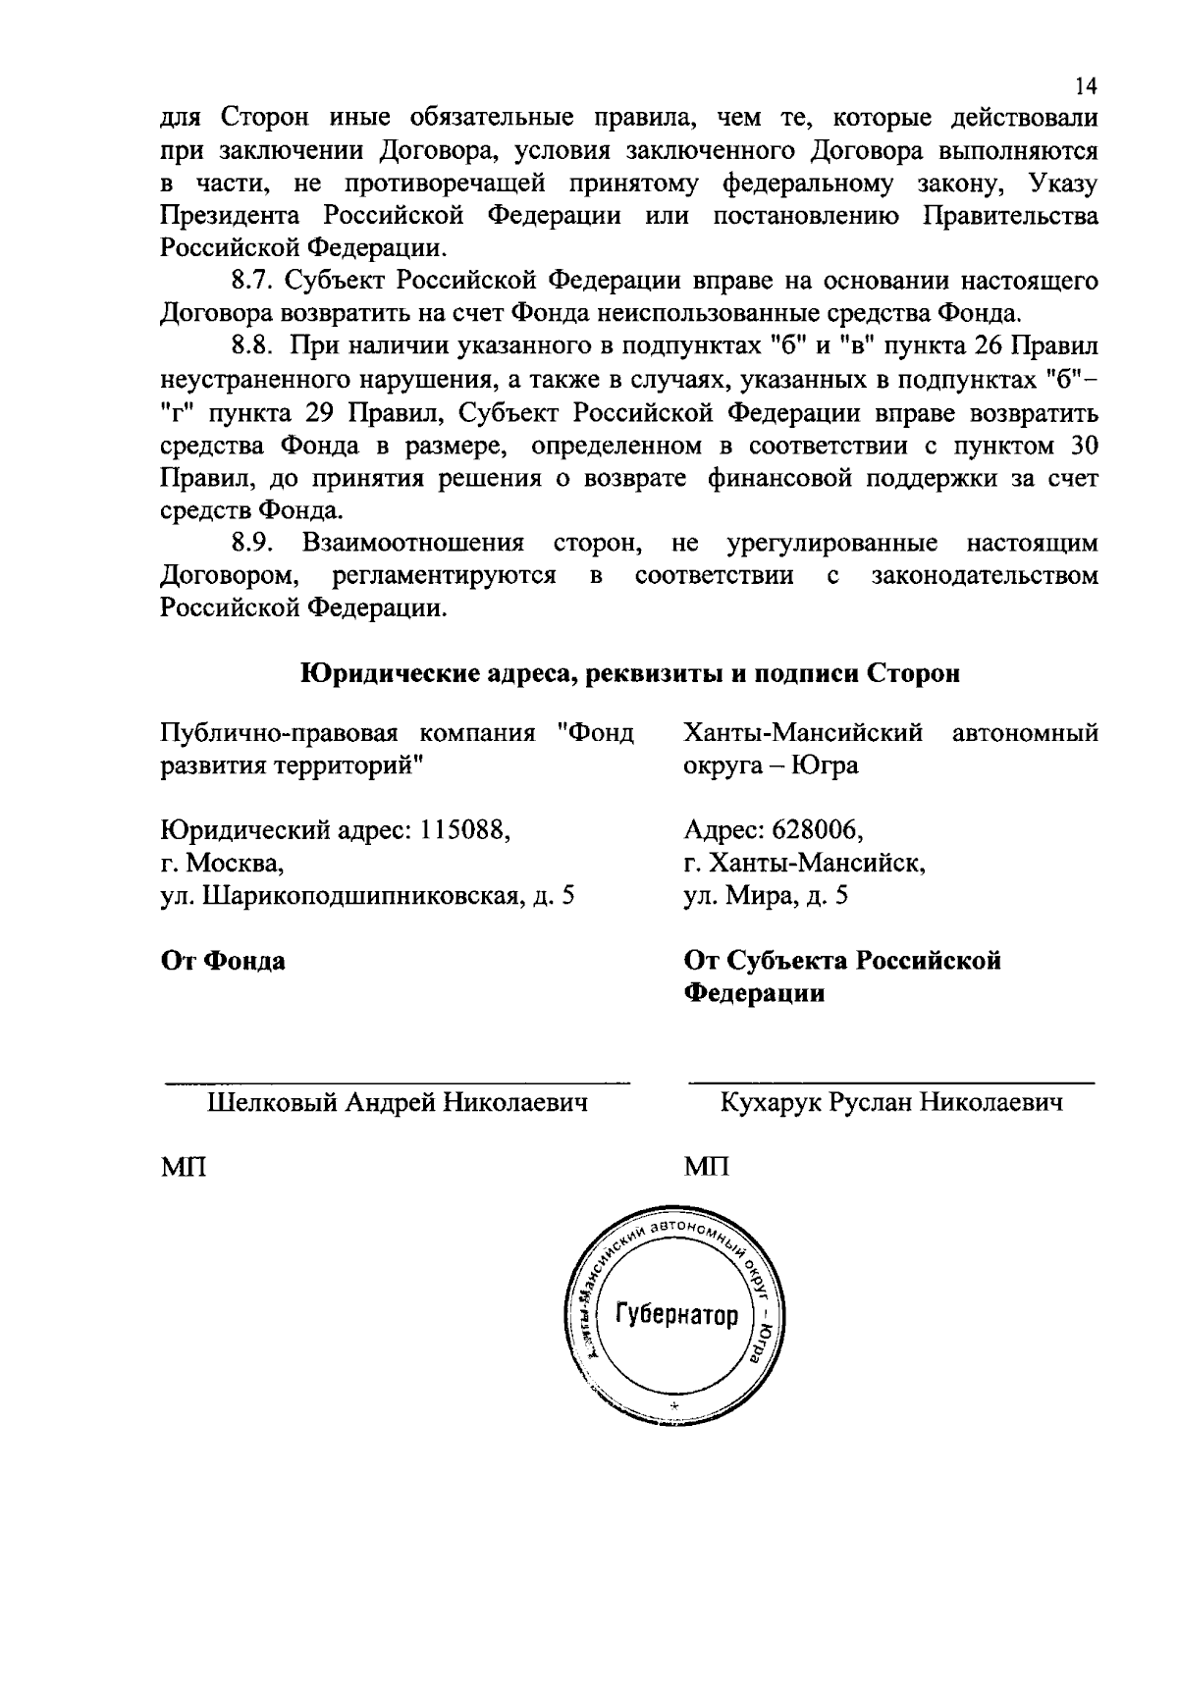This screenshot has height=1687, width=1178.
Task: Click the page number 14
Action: tap(1085, 86)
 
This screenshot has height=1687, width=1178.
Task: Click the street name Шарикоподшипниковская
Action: tap(361, 896)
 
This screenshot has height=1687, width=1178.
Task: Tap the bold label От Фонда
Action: tap(223, 960)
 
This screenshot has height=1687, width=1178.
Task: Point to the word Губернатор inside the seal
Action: tap(676, 1316)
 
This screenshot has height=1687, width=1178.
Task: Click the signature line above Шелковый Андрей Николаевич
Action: tap(397, 1083)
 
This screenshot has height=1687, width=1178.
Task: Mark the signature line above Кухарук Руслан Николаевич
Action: tap(891, 1083)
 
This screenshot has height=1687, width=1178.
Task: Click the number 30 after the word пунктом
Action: tap(1081, 445)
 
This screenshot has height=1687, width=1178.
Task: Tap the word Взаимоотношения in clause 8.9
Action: tap(412, 543)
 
